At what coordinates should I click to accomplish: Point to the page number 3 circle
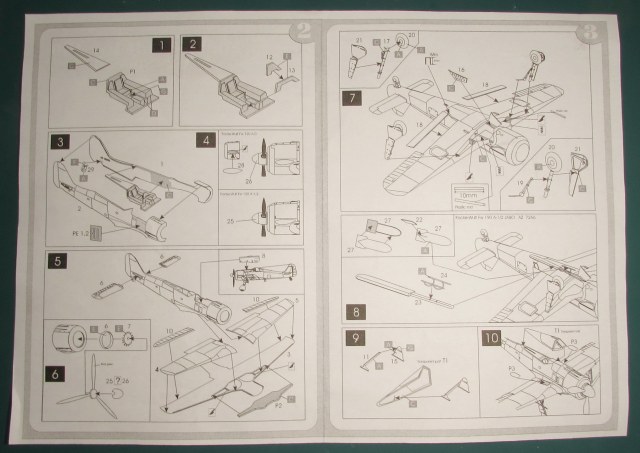pyautogui.click(x=589, y=30)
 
